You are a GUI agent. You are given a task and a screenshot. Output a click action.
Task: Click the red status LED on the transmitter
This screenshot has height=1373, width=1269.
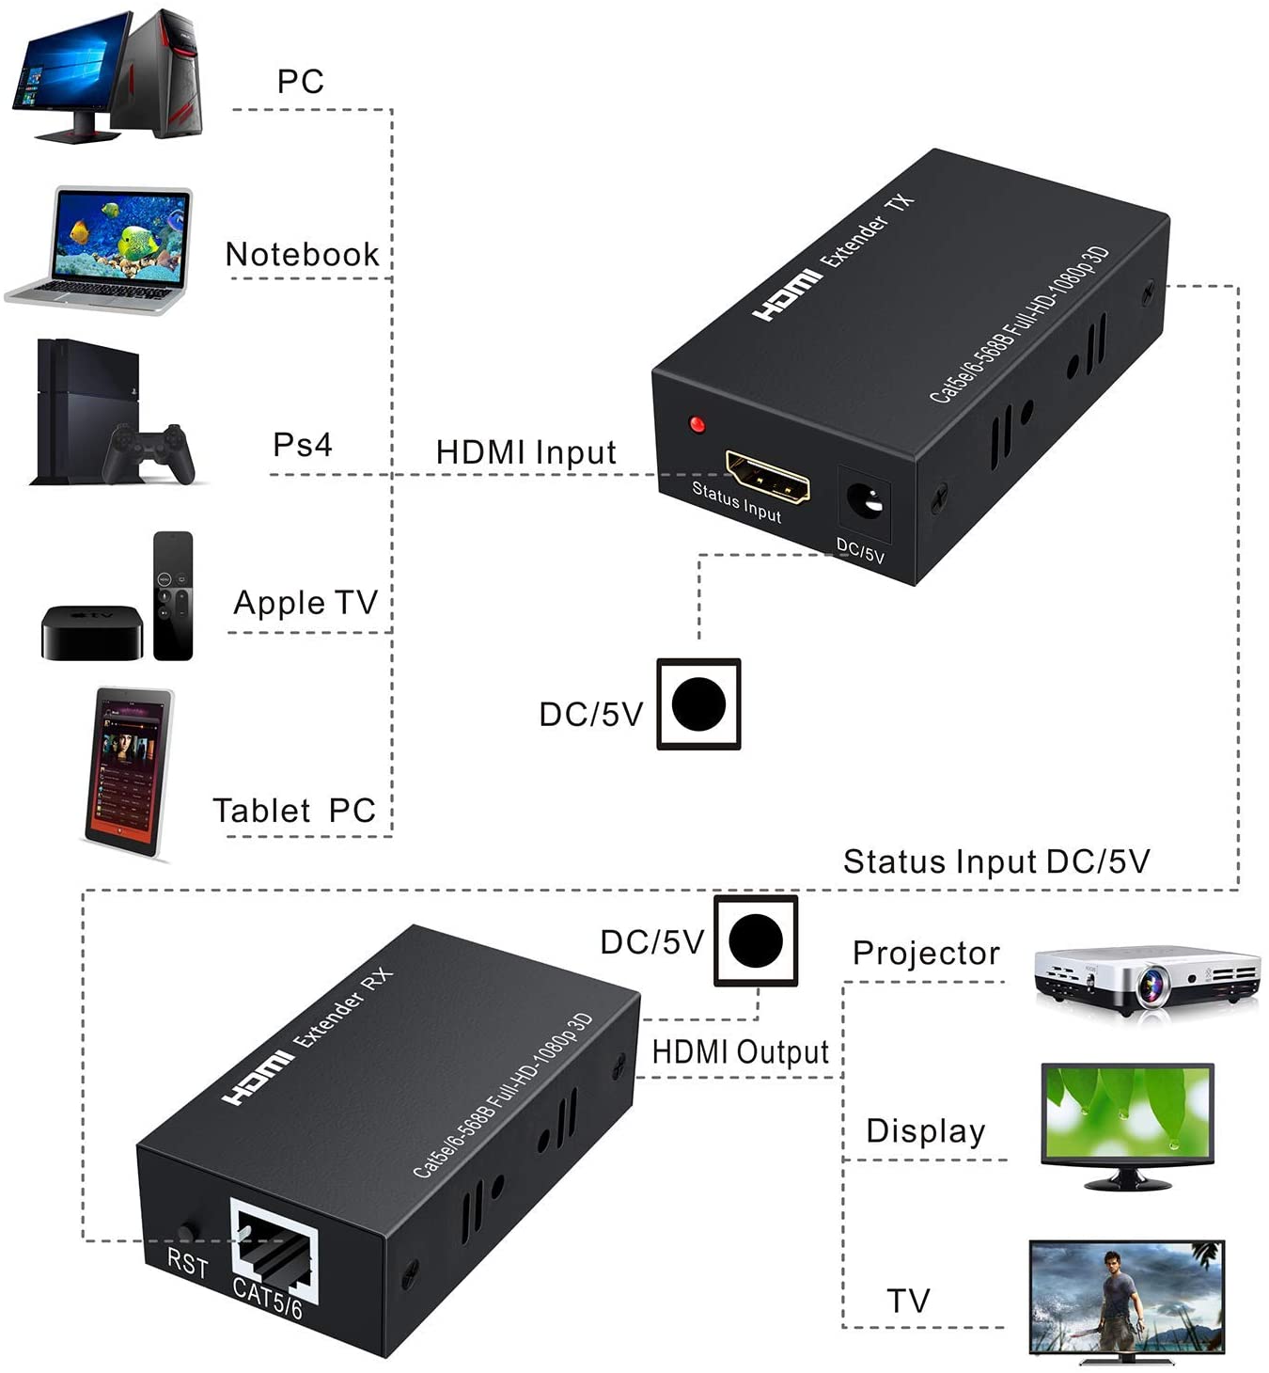[697, 424]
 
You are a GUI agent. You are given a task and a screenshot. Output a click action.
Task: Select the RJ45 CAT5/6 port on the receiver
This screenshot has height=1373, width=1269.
[274, 1251]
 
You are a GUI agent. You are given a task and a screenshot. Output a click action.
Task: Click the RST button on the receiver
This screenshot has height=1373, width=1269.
[185, 1231]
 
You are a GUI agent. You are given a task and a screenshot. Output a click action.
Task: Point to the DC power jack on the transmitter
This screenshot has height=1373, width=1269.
[865, 501]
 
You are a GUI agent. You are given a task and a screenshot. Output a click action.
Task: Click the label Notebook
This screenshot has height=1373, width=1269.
[302, 255]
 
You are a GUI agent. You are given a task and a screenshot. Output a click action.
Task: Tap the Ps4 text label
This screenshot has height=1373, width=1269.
[302, 444]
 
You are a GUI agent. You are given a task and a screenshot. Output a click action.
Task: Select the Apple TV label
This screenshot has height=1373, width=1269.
[305, 602]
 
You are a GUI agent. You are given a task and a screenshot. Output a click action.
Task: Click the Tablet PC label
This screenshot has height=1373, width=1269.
[294, 810]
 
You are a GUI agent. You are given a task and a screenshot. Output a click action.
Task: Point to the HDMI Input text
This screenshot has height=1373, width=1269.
[525, 452]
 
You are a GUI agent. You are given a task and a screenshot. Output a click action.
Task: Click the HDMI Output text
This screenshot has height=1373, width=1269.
[740, 1051]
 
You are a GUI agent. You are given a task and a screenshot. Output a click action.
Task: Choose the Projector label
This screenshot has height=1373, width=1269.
[925, 953]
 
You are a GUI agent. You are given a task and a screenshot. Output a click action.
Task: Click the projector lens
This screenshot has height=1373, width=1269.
[1152, 985]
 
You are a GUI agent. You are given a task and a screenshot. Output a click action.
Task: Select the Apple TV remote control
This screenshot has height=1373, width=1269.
[173, 595]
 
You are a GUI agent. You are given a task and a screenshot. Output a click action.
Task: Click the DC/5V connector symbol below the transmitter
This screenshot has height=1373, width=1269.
[698, 703]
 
